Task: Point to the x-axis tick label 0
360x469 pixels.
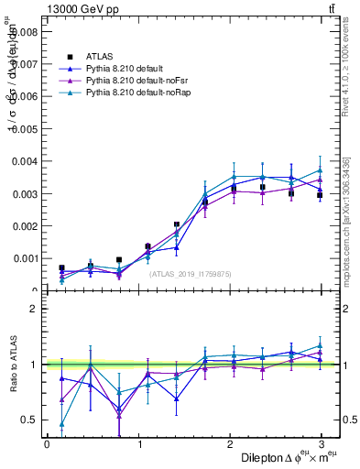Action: click(47, 444)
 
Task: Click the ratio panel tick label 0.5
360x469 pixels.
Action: click(29, 420)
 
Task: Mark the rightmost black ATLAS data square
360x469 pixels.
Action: click(320, 195)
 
